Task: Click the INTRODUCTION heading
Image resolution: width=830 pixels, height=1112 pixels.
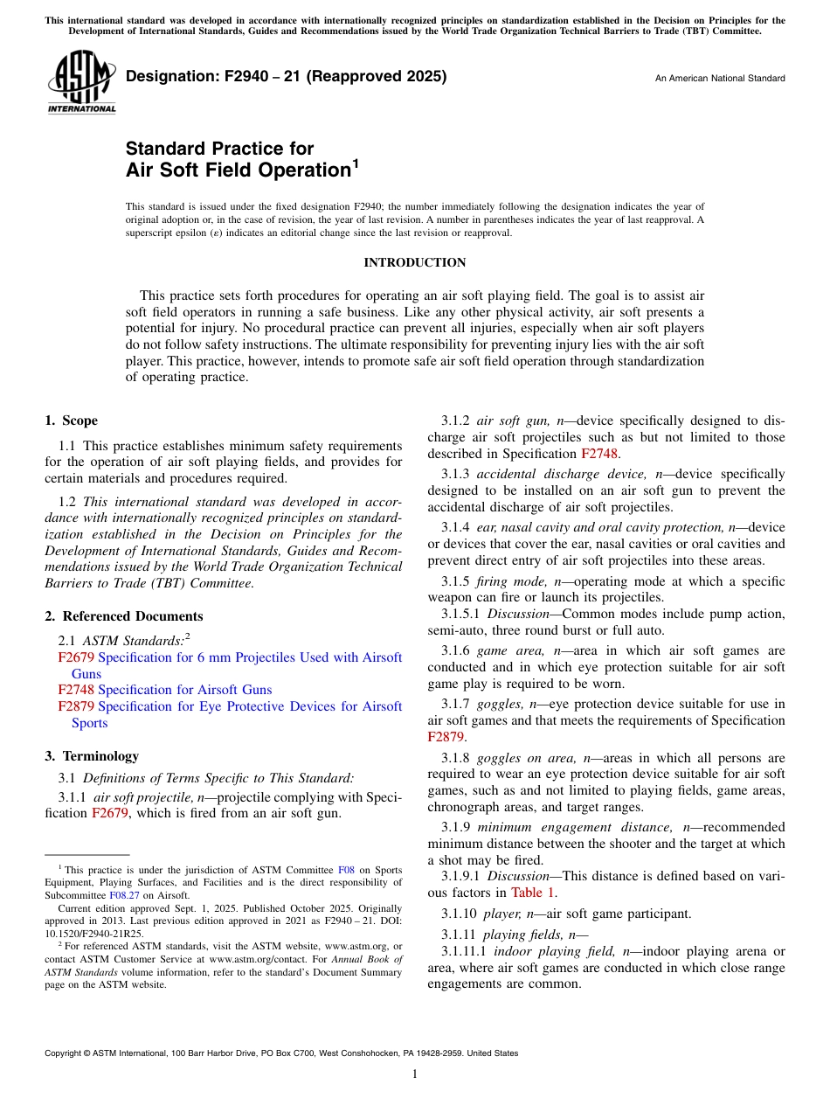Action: click(414, 262)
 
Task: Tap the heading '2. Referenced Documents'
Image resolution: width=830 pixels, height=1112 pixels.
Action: click(124, 616)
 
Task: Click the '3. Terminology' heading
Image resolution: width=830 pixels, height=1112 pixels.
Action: click(92, 756)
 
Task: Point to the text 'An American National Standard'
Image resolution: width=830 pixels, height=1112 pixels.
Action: click(720, 79)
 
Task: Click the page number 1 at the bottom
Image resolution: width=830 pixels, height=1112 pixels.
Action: click(415, 1074)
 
